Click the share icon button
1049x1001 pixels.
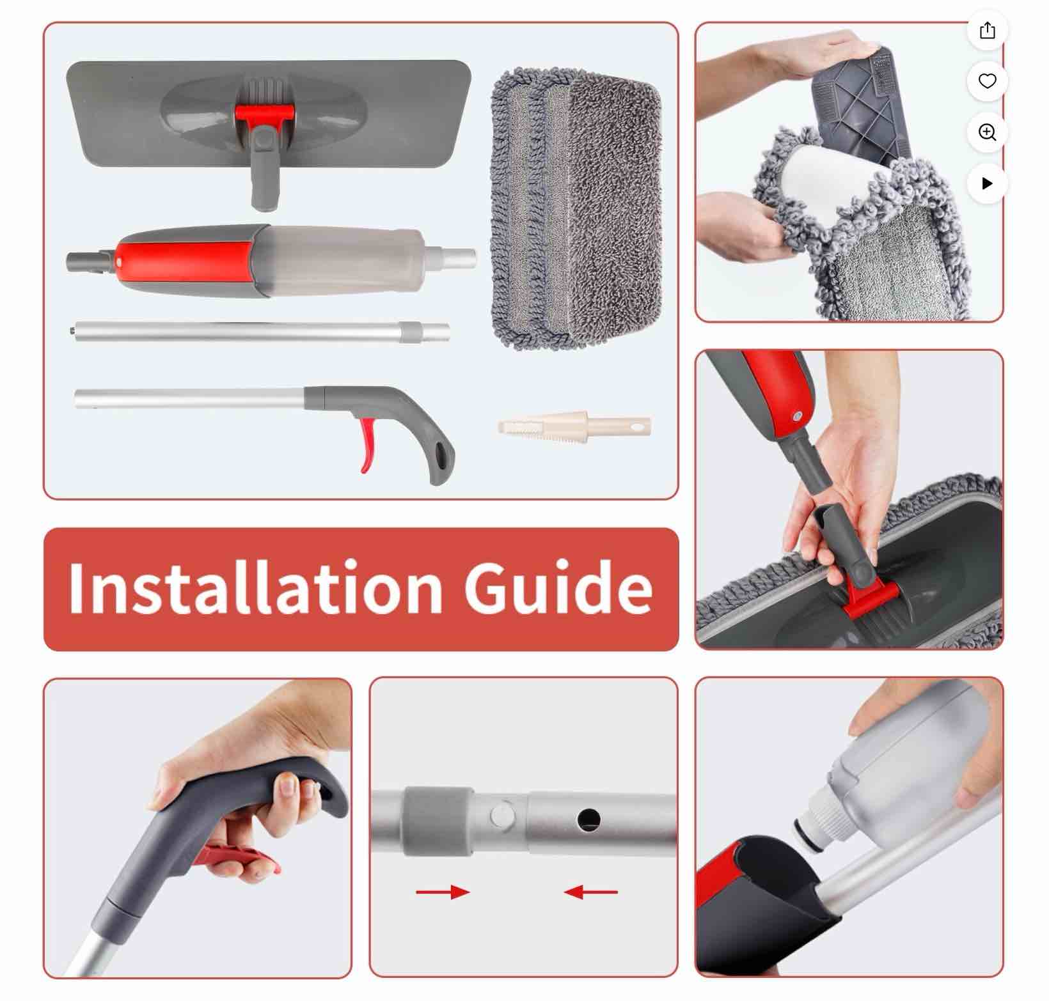pyautogui.click(x=988, y=30)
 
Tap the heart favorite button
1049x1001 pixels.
pyautogui.click(x=988, y=81)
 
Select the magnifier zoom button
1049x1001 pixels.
pyautogui.click(x=988, y=132)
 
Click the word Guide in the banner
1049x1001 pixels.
pyautogui.click(x=558, y=587)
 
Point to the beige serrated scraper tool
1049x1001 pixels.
pyautogui.click(x=574, y=426)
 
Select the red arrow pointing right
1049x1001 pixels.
pyautogui.click(x=443, y=892)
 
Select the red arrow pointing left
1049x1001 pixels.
pyautogui.click(x=591, y=892)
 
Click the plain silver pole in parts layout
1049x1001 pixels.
pyautogui.click(x=256, y=332)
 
